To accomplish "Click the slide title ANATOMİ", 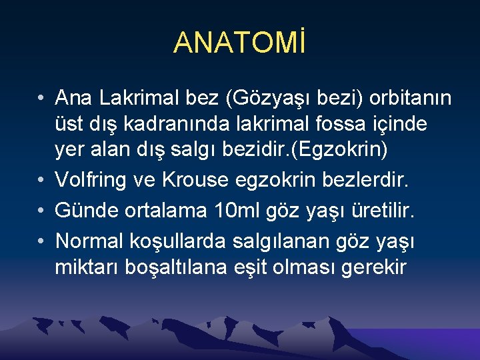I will [x=240, y=42].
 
